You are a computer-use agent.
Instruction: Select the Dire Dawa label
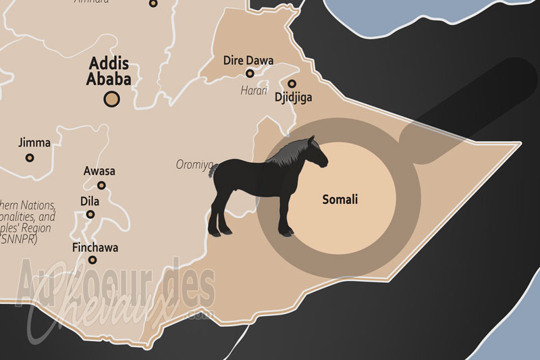point(248,60)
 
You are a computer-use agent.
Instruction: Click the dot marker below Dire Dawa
point(250,73)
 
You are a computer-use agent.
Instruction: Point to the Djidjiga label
point(294,97)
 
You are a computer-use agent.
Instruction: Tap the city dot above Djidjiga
point(292,84)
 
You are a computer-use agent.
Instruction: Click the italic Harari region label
point(254,90)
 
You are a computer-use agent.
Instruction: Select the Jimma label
point(30,143)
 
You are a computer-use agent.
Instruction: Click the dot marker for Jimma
point(30,157)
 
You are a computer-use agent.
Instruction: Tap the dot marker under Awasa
point(101,185)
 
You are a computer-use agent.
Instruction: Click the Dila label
point(90,201)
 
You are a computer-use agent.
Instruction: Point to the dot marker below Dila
point(90,214)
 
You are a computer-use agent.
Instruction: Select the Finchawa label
point(95,247)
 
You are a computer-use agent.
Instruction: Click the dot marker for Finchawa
point(92,259)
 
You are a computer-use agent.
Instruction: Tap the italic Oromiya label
point(194,164)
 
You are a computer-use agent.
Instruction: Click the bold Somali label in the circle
point(340,200)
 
